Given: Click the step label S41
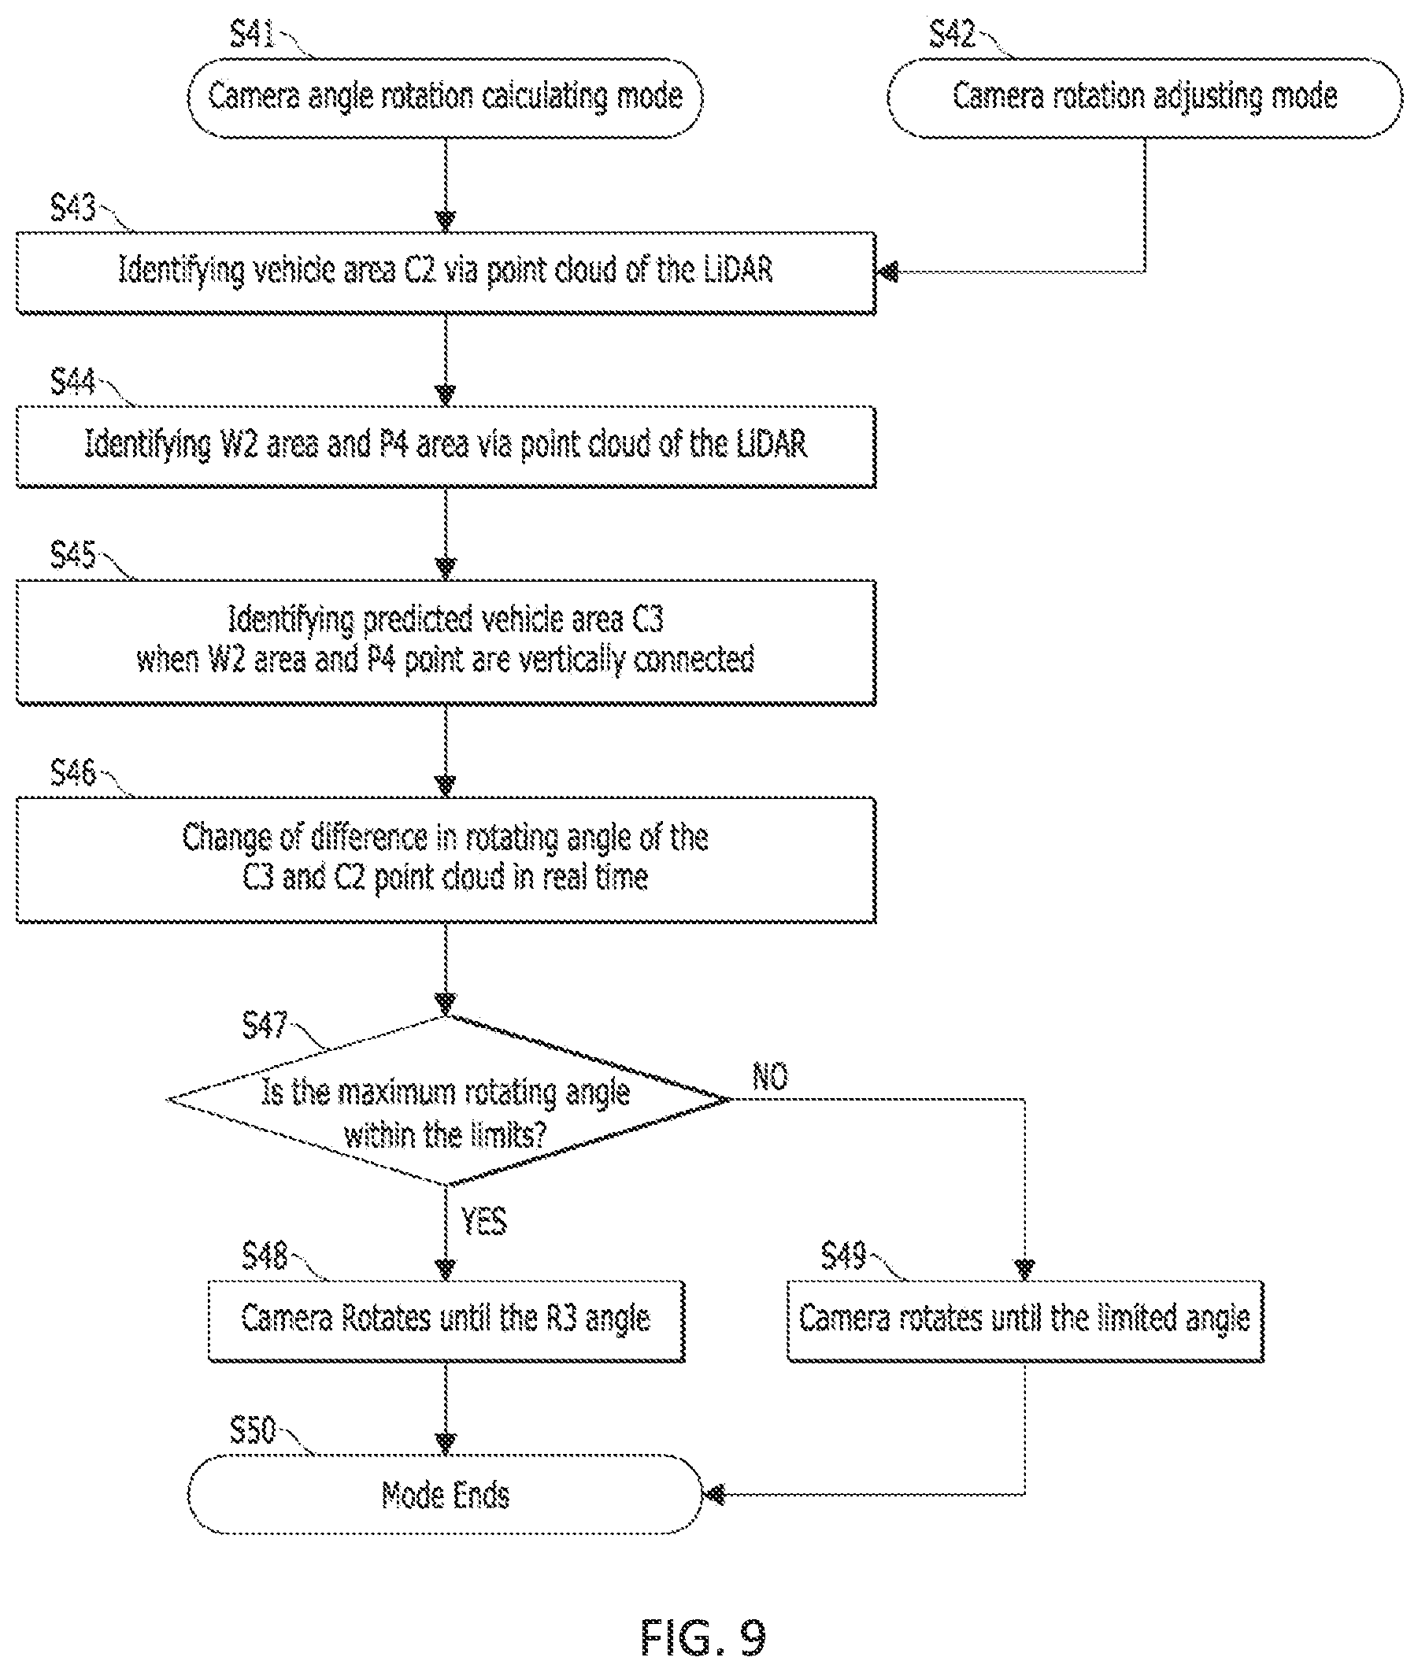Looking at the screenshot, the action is [x=253, y=35].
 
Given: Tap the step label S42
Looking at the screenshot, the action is [x=952, y=35].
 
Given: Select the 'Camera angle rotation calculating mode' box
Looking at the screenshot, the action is [x=446, y=98].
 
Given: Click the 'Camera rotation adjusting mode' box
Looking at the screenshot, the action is [x=1145, y=98].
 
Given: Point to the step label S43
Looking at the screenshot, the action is [x=73, y=208].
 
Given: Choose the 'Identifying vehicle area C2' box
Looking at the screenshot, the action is [x=446, y=272].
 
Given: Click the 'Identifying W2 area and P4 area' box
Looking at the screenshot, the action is [x=446, y=446].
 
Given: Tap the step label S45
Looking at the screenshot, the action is [x=73, y=556].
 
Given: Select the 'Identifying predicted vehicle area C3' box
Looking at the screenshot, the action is [x=446, y=642].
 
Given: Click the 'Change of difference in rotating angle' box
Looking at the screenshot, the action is [x=446, y=860].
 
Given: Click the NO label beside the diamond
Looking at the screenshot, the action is [x=770, y=1076].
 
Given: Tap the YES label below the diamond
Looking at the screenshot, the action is [x=484, y=1221].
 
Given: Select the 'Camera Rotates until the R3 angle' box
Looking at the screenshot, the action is [x=446, y=1321].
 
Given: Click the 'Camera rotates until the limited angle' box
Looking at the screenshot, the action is [x=1025, y=1321].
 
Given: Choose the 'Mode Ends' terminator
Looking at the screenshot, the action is [x=446, y=1494].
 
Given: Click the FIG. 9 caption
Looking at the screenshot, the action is [x=703, y=1637].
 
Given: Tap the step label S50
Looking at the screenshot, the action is [x=253, y=1430].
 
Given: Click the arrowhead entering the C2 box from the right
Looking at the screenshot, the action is [x=887, y=272].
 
